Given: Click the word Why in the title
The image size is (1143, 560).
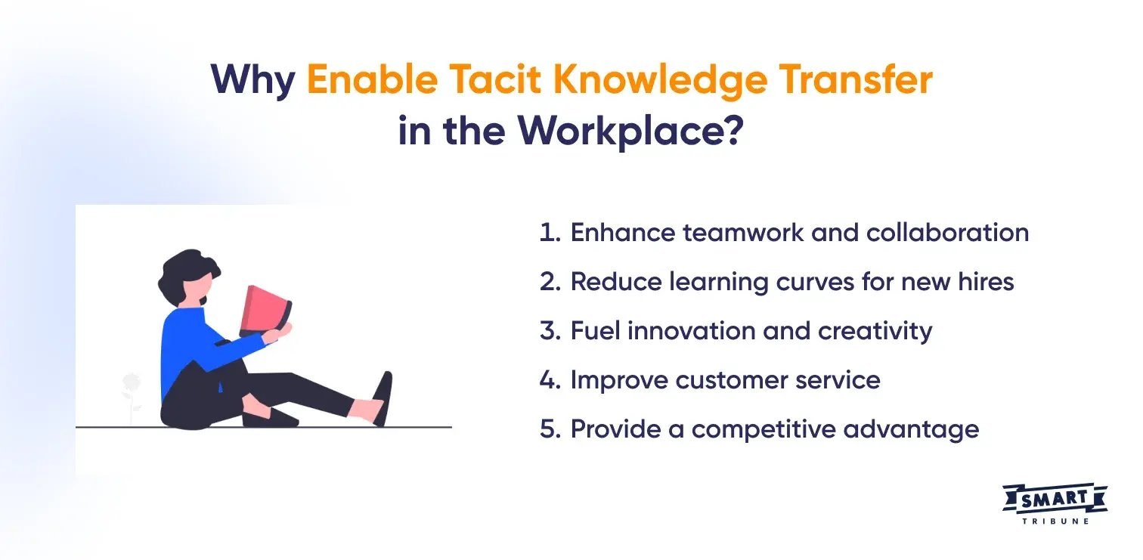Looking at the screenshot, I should [253, 80].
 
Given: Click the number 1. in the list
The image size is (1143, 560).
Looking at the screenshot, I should [550, 233].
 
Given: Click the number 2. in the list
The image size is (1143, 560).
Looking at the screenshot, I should [550, 282].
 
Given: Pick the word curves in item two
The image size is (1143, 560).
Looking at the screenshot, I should [828, 282].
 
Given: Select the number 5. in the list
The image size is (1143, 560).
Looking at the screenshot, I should [550, 429].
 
